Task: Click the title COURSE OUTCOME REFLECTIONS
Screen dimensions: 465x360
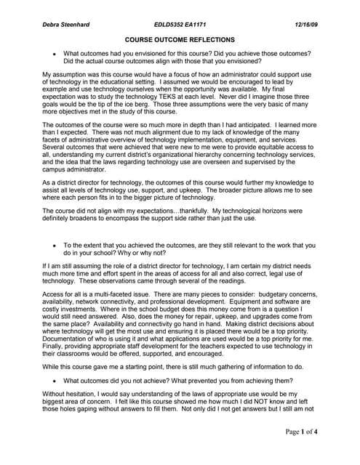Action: [180, 39]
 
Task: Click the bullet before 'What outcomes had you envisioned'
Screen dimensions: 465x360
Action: [54, 54]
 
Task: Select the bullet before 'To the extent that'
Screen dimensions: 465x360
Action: [54, 246]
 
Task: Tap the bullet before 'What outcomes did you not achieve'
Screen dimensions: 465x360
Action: [54, 381]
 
